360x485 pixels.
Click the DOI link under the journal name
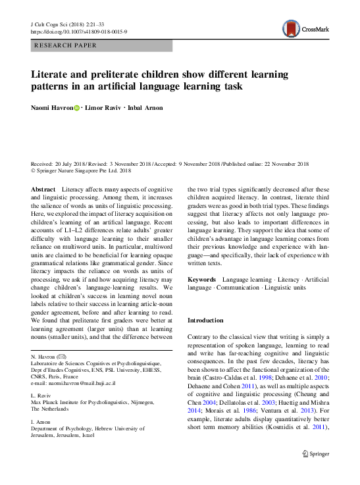tap(79, 32)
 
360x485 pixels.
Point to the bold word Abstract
tap(43, 189)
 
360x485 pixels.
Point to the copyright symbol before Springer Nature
tap(34, 170)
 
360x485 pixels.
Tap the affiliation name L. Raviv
tap(41, 395)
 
